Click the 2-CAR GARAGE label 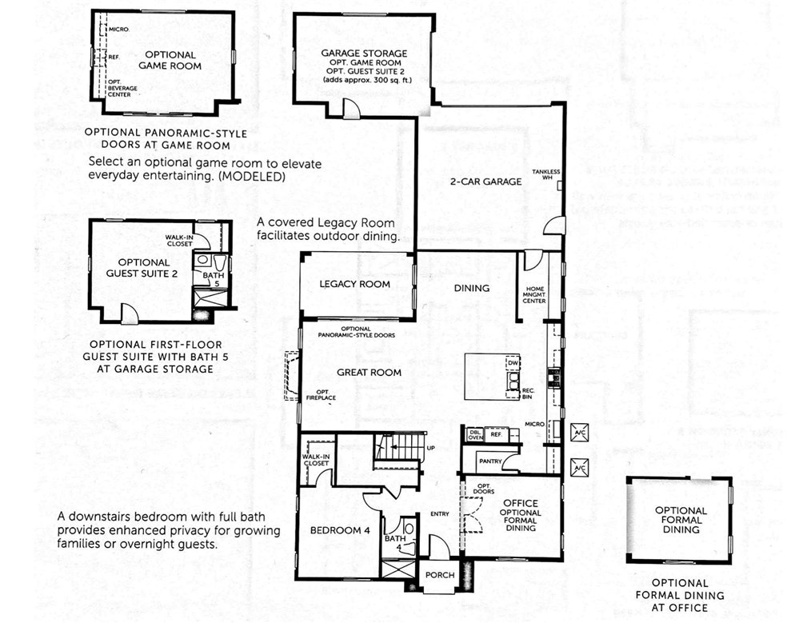point(491,182)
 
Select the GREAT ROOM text point(369,372)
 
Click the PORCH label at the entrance point(439,575)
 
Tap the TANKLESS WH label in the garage point(551,175)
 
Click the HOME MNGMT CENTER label point(534,295)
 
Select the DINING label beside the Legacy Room point(471,288)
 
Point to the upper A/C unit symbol point(579,433)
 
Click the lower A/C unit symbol point(579,468)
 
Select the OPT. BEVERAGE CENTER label point(119,88)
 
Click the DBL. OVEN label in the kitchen point(475,434)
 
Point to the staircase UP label point(430,448)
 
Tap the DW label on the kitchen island point(513,364)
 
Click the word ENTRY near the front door point(439,514)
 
